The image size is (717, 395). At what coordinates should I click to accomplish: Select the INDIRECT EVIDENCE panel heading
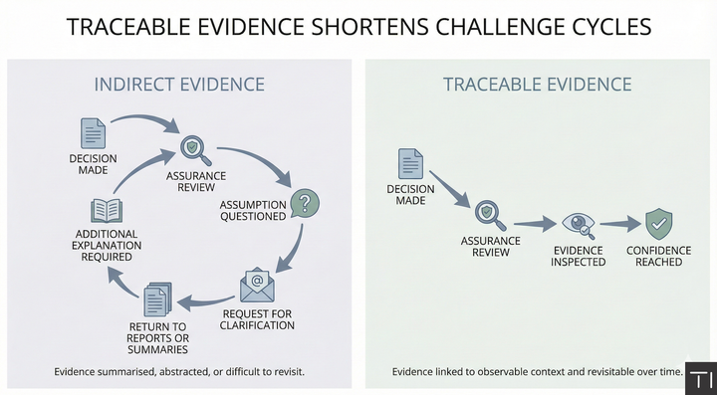[x=179, y=84]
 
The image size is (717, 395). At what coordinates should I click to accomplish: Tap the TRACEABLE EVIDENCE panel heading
[x=537, y=84]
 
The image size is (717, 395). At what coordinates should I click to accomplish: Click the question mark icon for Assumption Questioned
[x=306, y=202]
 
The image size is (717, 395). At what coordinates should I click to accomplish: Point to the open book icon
[x=106, y=210]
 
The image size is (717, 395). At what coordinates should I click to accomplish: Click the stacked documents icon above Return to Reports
[x=158, y=299]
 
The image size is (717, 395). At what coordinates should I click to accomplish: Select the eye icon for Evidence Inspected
[x=578, y=224]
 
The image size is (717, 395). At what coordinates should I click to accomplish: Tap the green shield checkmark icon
[x=659, y=224]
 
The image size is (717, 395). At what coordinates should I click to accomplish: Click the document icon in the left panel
[x=93, y=133]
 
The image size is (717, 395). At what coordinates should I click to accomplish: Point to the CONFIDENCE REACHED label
[x=659, y=257]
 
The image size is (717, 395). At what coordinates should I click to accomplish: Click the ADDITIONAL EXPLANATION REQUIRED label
[x=107, y=245]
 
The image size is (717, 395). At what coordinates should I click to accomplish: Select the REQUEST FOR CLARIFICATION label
[x=258, y=318]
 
